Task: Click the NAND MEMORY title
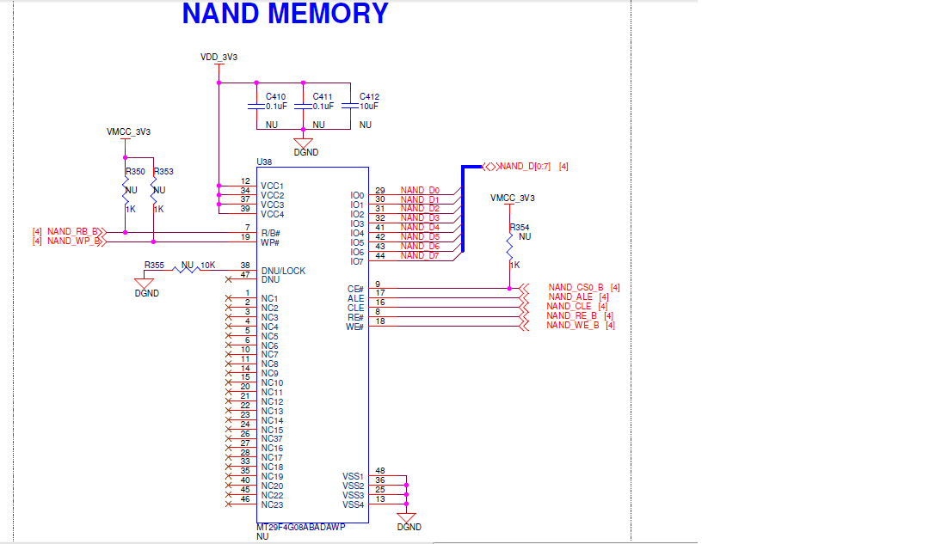285,14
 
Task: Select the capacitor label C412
369,96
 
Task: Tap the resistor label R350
135,172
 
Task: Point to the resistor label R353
163,172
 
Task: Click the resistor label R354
519,227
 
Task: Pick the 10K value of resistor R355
207,265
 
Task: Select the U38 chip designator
264,162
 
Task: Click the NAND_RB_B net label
73,232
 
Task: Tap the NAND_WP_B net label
73,241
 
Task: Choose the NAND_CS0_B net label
576,288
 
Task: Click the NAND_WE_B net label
572,325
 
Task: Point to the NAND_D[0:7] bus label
525,166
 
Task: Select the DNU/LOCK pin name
283,271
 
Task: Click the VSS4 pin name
353,504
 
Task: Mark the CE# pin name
355,290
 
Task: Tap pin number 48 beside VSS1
380,471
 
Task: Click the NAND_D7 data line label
420,256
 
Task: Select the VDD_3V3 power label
219,57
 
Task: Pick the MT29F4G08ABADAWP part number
300,527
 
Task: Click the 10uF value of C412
369,107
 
